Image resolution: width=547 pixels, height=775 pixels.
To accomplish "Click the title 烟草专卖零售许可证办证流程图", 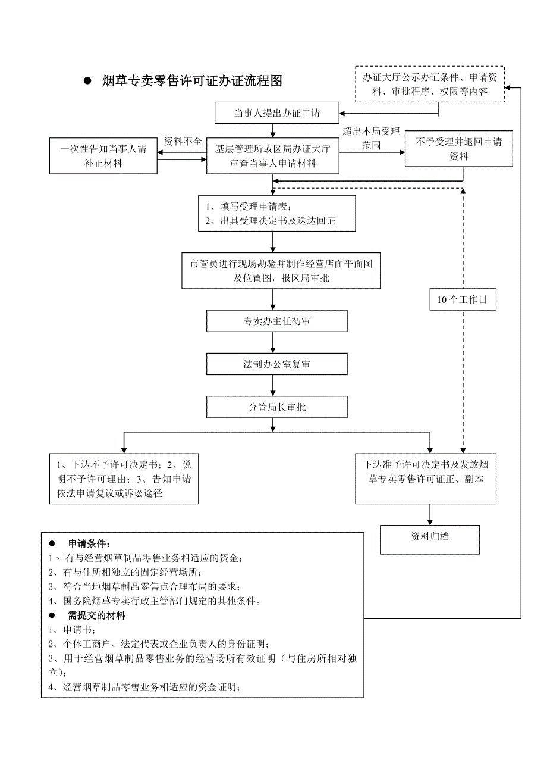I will (x=191, y=82).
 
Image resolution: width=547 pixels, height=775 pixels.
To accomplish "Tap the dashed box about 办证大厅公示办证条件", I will (x=429, y=84).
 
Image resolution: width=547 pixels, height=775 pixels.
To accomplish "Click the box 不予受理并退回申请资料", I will (x=458, y=149).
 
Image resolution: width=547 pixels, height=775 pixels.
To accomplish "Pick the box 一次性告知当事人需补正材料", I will (x=103, y=156).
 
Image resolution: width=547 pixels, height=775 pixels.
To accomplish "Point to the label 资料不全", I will (x=183, y=142).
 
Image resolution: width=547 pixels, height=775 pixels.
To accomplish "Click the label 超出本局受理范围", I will (x=371, y=138).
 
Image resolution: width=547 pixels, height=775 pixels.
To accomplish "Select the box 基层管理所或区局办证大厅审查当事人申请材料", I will (x=273, y=157).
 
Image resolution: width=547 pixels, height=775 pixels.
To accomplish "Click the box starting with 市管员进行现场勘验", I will (x=281, y=270).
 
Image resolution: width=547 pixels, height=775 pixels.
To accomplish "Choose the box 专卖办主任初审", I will (x=276, y=321).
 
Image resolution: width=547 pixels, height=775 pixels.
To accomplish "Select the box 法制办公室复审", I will (x=276, y=364).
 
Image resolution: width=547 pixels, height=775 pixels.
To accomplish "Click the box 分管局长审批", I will (x=276, y=407).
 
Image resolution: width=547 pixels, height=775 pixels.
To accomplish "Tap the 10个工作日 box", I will (x=462, y=300).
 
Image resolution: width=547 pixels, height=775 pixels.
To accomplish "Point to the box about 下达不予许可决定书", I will (x=124, y=479).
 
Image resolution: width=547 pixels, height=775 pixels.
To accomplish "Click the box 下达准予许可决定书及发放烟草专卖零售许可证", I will (x=426, y=479).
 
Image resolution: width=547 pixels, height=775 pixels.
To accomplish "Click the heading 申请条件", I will (x=89, y=544).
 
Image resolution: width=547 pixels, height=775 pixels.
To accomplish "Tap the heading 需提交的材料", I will (x=96, y=616).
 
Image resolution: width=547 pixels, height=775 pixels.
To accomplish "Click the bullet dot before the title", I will (x=86, y=82).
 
